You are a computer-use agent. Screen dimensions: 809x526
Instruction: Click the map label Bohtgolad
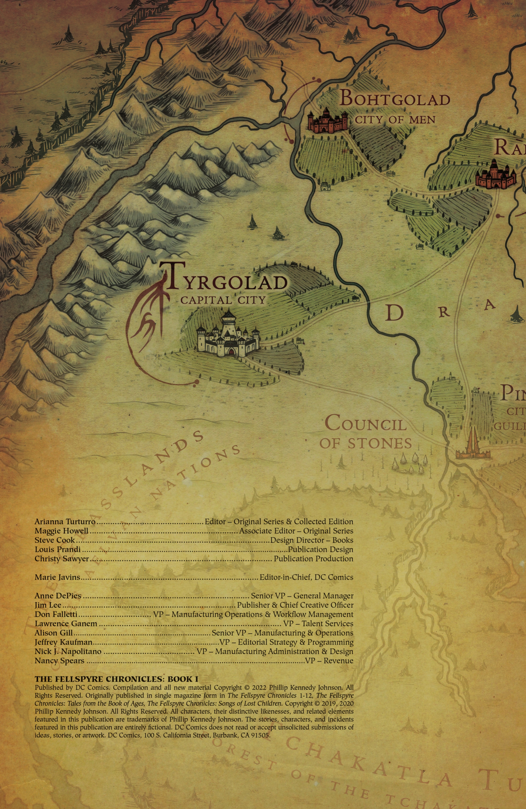click(x=395, y=99)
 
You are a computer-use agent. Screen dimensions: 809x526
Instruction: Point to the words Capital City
click(x=223, y=300)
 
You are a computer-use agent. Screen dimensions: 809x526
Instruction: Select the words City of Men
click(x=395, y=120)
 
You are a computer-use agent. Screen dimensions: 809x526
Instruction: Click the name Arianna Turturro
click(x=65, y=522)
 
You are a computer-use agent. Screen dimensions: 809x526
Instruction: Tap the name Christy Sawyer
click(x=61, y=559)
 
